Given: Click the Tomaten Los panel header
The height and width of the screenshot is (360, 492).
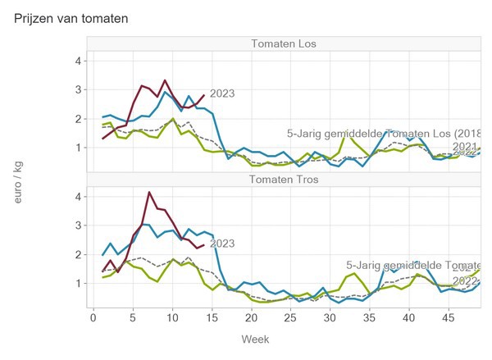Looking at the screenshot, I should [x=285, y=43].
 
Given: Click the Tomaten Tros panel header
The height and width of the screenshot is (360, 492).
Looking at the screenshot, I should [x=285, y=179].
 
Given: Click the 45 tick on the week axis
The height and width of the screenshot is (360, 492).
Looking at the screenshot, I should [x=449, y=316].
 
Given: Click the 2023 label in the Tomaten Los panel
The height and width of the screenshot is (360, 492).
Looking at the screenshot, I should [x=222, y=93].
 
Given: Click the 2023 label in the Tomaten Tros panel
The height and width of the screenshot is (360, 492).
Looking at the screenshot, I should [x=222, y=244].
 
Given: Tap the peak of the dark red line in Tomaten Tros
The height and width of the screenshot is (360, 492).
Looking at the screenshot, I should [x=148, y=193].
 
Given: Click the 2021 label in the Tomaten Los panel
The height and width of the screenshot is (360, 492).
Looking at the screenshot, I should [x=466, y=145].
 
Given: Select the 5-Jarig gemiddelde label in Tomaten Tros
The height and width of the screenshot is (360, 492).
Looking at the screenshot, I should [x=413, y=266].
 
